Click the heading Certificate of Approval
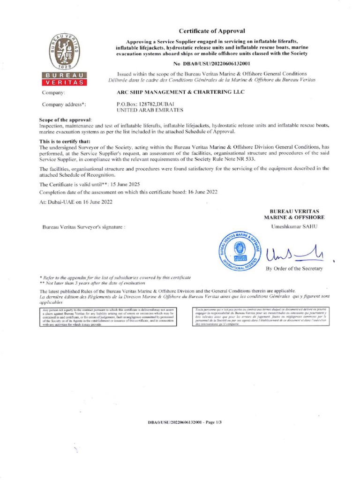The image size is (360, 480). [x=212, y=31]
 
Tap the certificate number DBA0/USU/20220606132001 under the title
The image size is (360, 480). [x=212, y=63]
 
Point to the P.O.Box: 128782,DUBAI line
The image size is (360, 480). [x=145, y=104]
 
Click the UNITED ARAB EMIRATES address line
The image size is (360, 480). [x=143, y=110]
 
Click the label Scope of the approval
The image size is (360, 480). [x=65, y=121]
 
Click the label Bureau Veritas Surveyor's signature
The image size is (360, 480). [x=84, y=227]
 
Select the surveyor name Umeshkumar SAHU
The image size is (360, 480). [x=294, y=227]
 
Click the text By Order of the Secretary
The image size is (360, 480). [x=294, y=269]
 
